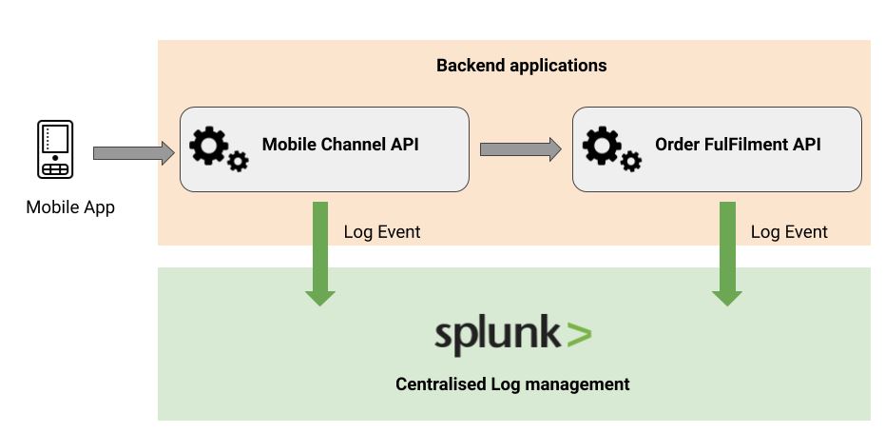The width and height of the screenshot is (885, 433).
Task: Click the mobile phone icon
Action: point(55,149)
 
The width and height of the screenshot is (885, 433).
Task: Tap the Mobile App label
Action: point(70,207)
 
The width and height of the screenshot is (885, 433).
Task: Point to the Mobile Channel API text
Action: point(340,145)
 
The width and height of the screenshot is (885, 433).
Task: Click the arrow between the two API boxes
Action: point(520,148)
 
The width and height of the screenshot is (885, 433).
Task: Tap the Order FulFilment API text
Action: point(738,145)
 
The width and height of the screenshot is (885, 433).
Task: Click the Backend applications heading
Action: point(521,66)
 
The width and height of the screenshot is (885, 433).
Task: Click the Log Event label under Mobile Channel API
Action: point(381,232)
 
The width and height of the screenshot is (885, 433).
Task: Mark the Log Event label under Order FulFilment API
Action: point(789,232)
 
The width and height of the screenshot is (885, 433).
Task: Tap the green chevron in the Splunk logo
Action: point(579,334)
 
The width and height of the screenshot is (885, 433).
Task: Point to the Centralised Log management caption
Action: point(512,384)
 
